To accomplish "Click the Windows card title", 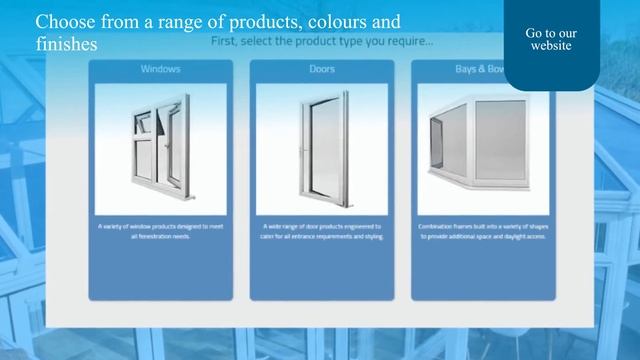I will point(160,70).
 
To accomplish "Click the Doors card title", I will point(322,70).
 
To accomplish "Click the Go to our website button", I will point(551,40).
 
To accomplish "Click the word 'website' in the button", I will point(551,46).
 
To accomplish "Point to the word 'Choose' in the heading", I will point(64,21).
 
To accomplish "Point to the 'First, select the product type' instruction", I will point(322,43).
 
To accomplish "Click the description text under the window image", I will point(160,232).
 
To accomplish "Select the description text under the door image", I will point(322,232).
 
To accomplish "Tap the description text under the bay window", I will point(483,232).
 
